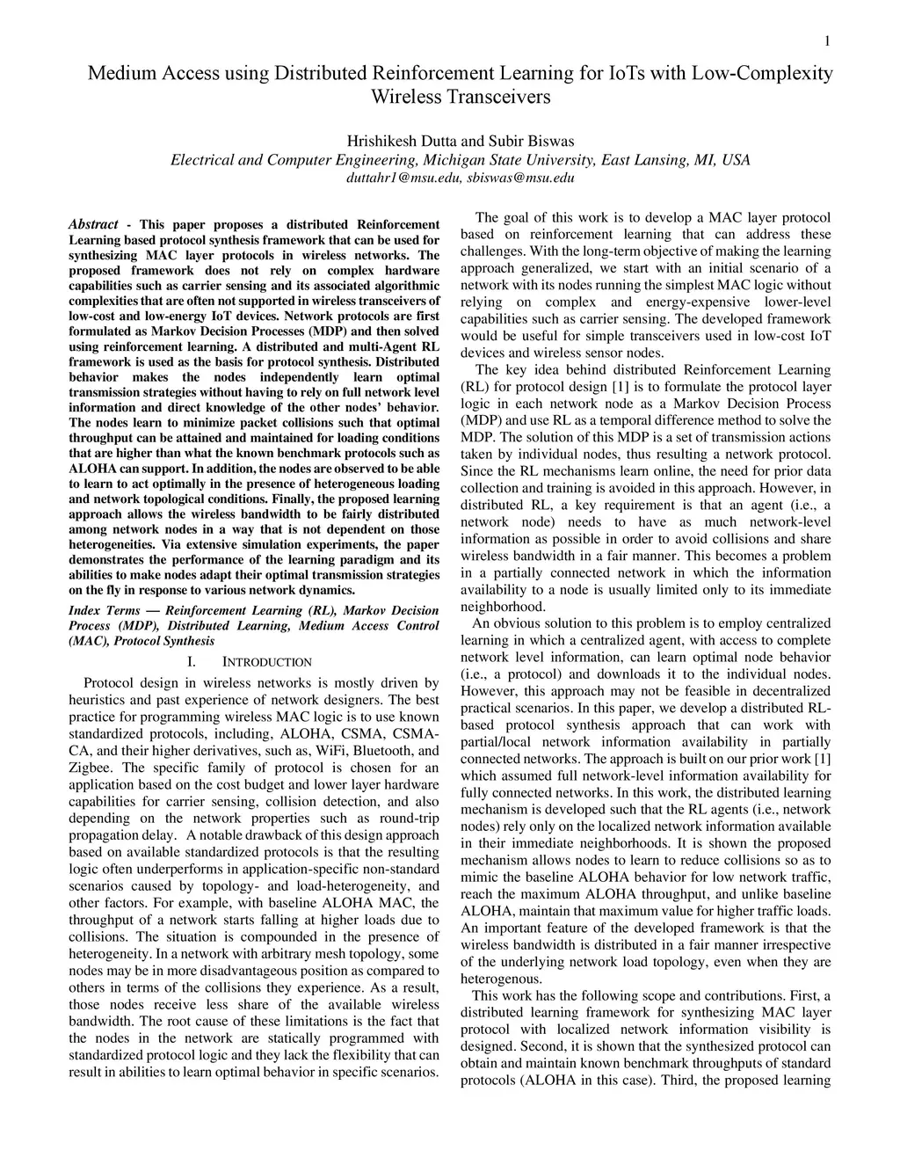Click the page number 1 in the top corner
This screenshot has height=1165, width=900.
[827, 40]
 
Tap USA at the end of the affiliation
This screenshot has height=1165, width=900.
[735, 160]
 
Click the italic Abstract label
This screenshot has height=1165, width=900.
[93, 224]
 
